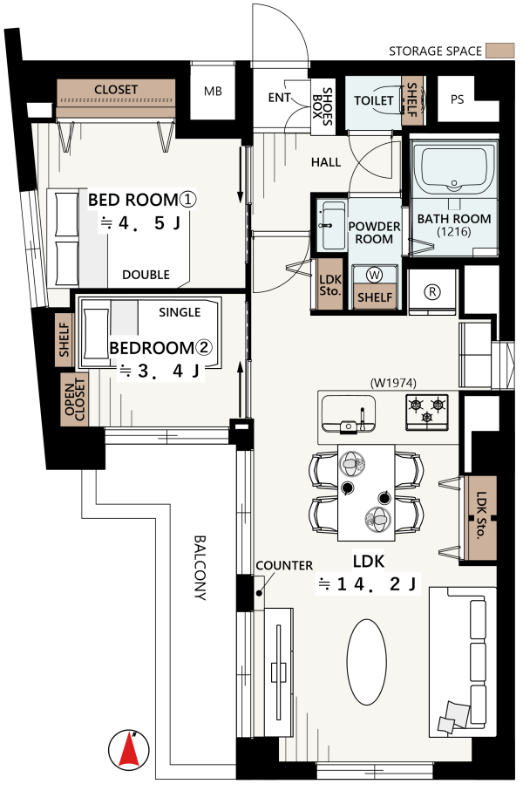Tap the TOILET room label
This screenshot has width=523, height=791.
[373, 100]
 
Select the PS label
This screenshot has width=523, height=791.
[457, 99]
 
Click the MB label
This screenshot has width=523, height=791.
[213, 92]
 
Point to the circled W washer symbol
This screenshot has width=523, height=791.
[374, 275]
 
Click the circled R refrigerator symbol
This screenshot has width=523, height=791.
[432, 291]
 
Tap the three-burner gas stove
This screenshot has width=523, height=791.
[426, 412]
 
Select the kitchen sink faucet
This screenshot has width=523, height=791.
[362, 419]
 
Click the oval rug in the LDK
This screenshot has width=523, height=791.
[367, 662]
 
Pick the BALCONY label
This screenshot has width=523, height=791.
[200, 568]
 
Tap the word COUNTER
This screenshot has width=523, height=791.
[284, 565]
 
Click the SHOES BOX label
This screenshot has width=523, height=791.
[322, 106]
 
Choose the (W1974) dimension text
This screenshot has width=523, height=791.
[393, 383]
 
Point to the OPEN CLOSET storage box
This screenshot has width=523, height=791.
[74, 399]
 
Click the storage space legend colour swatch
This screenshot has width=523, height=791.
[499, 51]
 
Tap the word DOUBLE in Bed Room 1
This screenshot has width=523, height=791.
[146, 275]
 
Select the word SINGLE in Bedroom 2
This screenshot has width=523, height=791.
[180, 312]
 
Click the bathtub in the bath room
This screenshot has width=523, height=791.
[454, 170]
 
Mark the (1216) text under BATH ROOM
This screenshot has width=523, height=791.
[454, 232]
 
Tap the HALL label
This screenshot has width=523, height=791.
[326, 162]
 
